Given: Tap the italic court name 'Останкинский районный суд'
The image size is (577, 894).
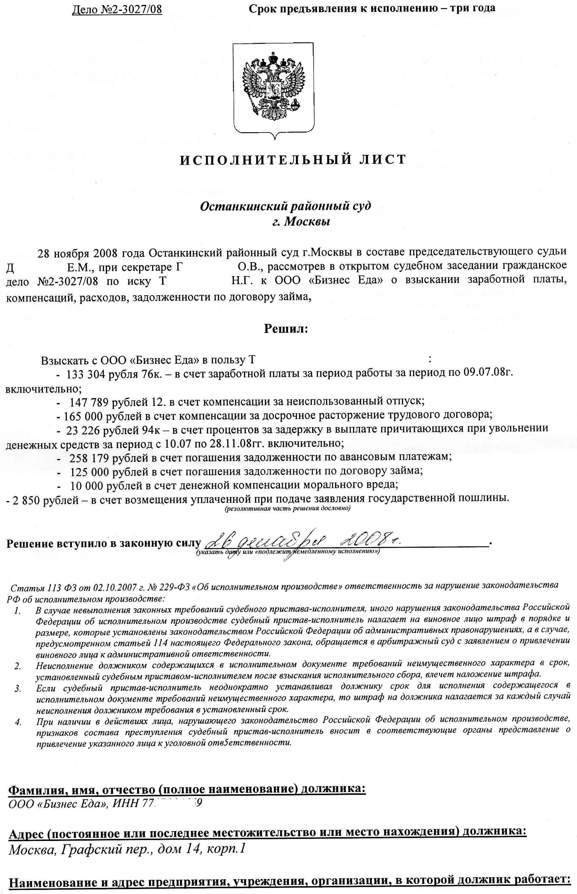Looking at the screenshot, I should [x=285, y=206].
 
